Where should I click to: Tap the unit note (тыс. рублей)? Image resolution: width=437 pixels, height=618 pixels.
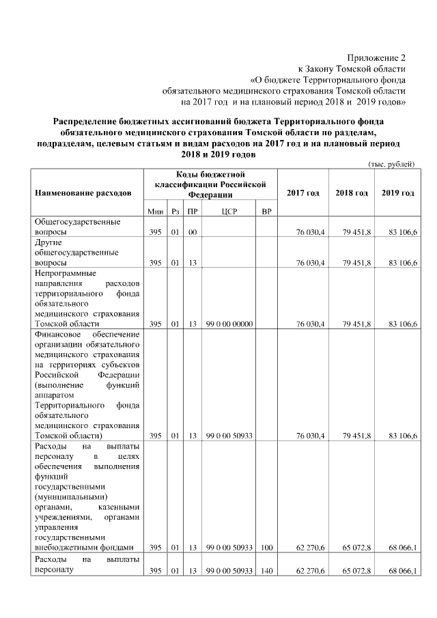pyautogui.click(x=391, y=165)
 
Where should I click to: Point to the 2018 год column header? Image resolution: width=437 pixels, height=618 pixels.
pyautogui.click(x=351, y=193)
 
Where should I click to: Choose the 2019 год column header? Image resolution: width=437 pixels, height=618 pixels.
pyautogui.click(x=397, y=193)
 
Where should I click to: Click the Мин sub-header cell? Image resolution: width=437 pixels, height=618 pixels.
pyautogui.click(x=155, y=212)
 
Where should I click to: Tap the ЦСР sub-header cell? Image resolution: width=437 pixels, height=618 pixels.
pyautogui.click(x=229, y=212)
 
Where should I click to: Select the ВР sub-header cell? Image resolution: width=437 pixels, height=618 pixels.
pyautogui.click(x=267, y=212)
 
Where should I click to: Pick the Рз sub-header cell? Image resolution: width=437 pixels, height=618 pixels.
pyautogui.click(x=175, y=212)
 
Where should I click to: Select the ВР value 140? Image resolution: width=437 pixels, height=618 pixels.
pyautogui.click(x=267, y=570)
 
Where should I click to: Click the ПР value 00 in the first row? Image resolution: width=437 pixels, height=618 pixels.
pyautogui.click(x=193, y=232)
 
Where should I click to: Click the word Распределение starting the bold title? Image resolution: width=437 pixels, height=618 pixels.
pyautogui.click(x=86, y=121)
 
